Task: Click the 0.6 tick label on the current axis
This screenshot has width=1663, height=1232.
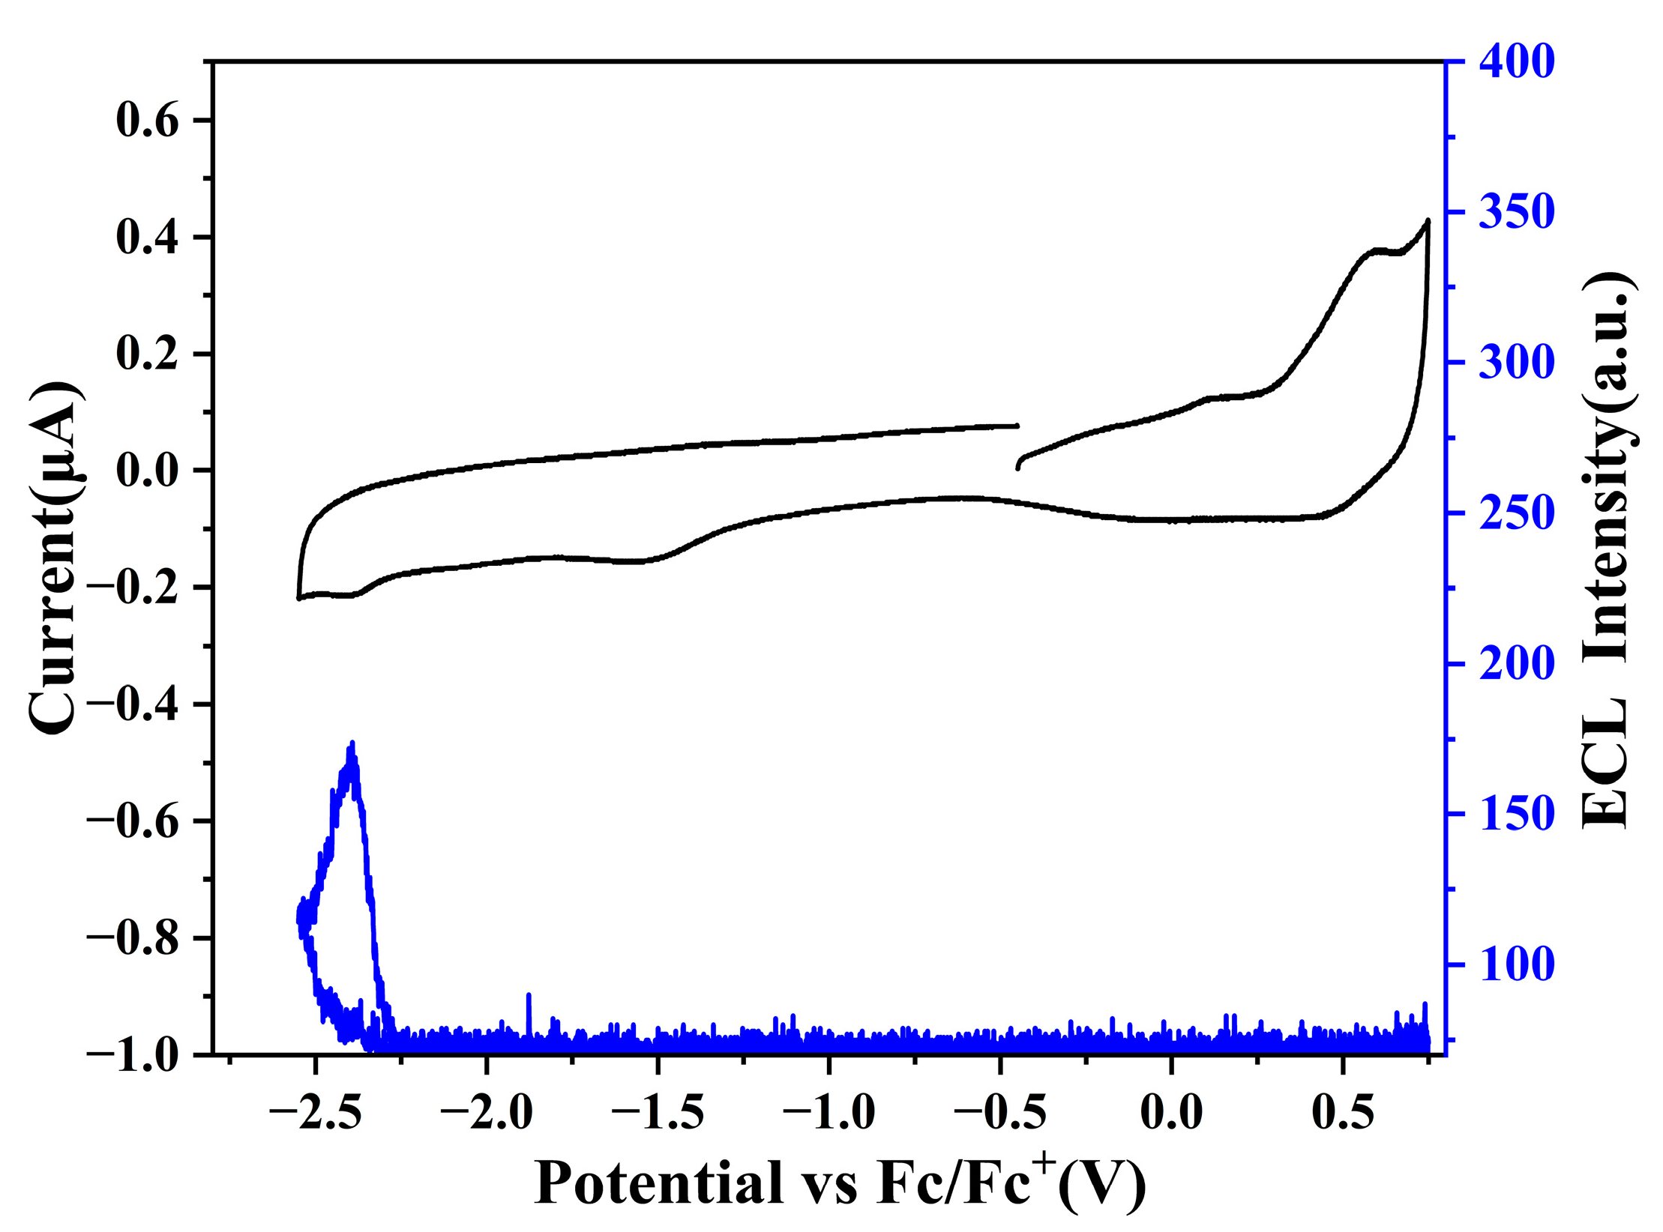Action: pyautogui.click(x=148, y=121)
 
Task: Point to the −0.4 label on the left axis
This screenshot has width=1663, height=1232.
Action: pyautogui.click(x=133, y=704)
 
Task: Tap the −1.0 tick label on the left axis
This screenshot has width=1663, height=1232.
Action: pyautogui.click(x=133, y=1054)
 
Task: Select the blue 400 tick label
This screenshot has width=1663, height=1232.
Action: pyautogui.click(x=1517, y=61)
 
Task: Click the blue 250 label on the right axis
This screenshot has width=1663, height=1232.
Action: pyautogui.click(x=1517, y=514)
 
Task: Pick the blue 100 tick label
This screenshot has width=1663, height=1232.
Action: pyautogui.click(x=1517, y=965)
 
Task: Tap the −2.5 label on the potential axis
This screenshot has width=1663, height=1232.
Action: pyautogui.click(x=315, y=1112)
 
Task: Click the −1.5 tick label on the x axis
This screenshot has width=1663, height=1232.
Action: pyautogui.click(x=657, y=1112)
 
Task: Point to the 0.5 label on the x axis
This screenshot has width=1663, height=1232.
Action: pyautogui.click(x=1343, y=1112)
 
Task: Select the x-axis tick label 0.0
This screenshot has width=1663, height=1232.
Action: pyautogui.click(x=1171, y=1112)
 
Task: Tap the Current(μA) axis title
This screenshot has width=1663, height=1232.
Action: pyautogui.click(x=54, y=558)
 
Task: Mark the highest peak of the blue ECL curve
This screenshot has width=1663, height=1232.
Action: pyautogui.click(x=352, y=743)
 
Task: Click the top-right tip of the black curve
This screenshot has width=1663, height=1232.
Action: pyautogui.click(x=1428, y=220)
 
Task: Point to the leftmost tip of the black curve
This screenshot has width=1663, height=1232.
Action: pyautogui.click(x=298, y=598)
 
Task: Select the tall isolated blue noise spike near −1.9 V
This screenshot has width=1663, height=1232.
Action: pyautogui.click(x=529, y=995)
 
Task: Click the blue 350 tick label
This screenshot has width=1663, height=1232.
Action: pyautogui.click(x=1517, y=214)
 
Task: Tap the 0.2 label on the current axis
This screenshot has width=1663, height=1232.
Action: pyautogui.click(x=148, y=354)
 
